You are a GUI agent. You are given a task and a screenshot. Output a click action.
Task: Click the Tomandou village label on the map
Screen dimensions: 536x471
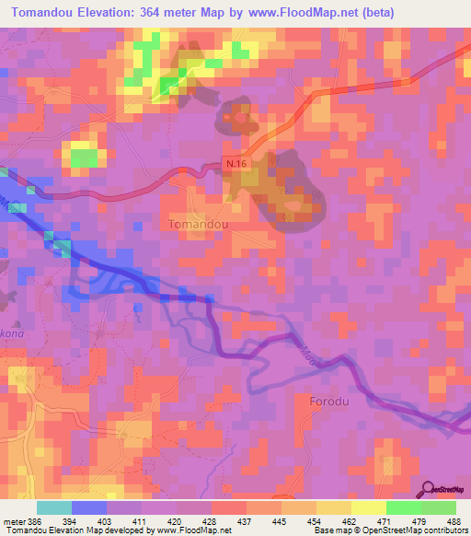pyautogui.click(x=200, y=224)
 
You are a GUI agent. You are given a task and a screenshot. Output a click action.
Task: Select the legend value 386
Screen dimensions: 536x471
pyautogui.click(x=35, y=521)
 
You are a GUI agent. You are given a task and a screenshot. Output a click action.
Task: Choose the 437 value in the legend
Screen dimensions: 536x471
pyautogui.click(x=247, y=521)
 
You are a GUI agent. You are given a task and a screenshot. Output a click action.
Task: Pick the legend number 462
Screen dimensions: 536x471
pyautogui.click(x=351, y=521)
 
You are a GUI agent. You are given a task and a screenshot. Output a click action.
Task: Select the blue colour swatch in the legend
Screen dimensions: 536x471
pyautogui.click(x=88, y=507)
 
